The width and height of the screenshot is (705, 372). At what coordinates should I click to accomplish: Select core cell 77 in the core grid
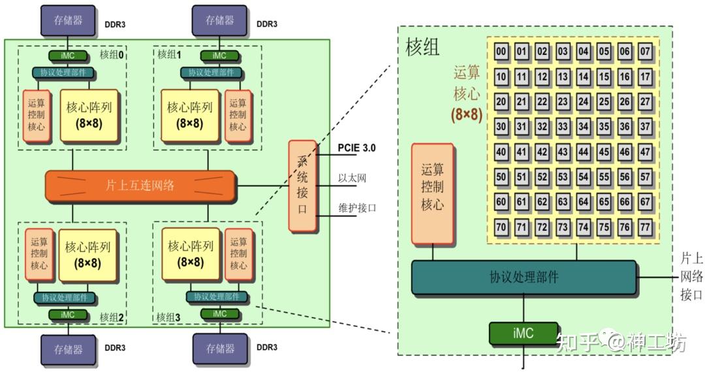tap(645, 227)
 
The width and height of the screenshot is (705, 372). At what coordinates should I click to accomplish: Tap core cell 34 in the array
tap(584, 127)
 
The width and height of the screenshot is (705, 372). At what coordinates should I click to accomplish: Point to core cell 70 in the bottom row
tap(501, 227)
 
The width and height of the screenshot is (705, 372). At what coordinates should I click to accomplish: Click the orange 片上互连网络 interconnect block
tap(140, 186)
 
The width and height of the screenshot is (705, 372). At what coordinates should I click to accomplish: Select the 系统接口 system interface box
tap(303, 186)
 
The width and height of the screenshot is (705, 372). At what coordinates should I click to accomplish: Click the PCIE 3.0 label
tap(356, 148)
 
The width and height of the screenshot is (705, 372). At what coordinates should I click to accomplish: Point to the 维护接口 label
tap(356, 209)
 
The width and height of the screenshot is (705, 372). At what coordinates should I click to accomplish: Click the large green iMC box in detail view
tap(523, 333)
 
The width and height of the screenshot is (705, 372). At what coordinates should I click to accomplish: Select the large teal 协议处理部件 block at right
tap(524, 277)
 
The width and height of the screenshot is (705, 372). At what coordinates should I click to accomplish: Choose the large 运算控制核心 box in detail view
tap(432, 194)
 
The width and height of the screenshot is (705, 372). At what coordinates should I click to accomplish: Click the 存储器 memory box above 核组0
tap(69, 20)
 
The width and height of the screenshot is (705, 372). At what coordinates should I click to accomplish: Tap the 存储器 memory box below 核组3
tap(220, 349)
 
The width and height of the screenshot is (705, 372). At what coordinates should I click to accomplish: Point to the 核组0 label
tap(112, 55)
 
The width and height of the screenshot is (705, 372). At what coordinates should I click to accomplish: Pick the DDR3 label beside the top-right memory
tap(266, 24)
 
